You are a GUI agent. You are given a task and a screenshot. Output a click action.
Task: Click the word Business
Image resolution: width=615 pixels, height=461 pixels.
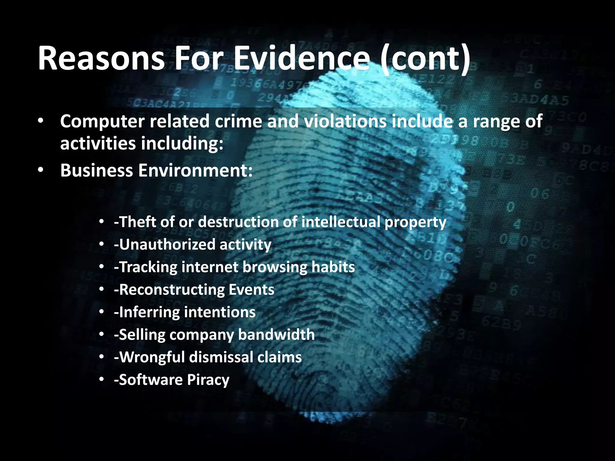(x=96, y=170)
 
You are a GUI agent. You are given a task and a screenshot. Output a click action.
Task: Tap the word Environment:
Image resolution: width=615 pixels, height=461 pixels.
(x=195, y=170)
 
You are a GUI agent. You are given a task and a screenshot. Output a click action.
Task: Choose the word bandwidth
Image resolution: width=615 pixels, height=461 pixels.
(x=276, y=335)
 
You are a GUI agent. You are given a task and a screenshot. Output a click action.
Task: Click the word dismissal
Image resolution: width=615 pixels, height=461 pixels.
(x=221, y=357)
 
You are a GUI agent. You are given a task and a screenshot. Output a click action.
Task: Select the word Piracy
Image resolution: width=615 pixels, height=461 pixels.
(x=208, y=380)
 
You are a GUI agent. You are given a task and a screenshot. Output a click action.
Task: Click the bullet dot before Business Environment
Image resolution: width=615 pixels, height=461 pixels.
(x=41, y=170)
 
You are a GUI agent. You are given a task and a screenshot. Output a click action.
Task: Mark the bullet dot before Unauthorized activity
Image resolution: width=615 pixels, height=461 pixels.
(x=102, y=244)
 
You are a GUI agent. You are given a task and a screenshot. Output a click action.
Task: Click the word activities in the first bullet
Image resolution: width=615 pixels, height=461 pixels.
(x=98, y=143)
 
